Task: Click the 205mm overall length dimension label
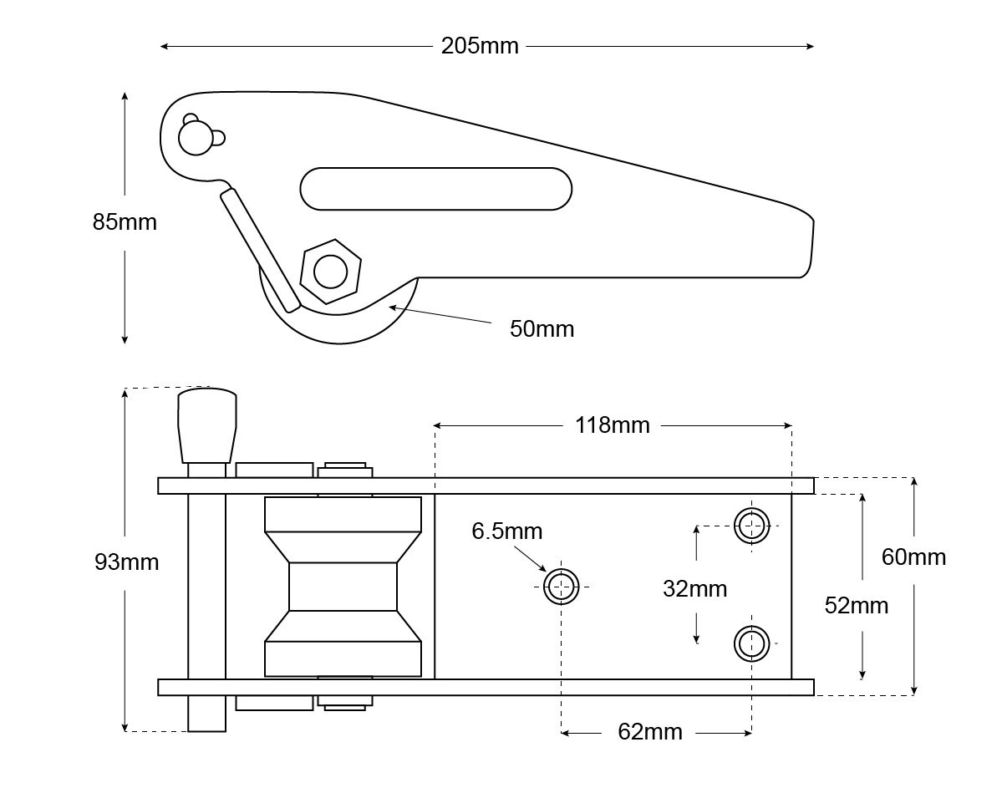[x=480, y=46]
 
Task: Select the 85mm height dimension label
[x=125, y=222]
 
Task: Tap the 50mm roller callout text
[x=542, y=328]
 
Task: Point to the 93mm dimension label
[x=126, y=562]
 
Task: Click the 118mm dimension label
[x=612, y=425]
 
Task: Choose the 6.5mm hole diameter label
[x=506, y=531]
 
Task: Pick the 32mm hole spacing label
[x=694, y=588]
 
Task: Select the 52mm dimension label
[x=856, y=605]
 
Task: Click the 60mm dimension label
[x=913, y=557]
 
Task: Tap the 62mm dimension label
[x=649, y=733]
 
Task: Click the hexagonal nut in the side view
[x=330, y=271]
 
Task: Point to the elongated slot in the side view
[x=435, y=188]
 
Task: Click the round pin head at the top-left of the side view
[x=195, y=138]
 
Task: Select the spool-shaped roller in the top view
[x=343, y=587]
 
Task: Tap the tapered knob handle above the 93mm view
[x=206, y=424]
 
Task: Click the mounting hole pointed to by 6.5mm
[x=561, y=586]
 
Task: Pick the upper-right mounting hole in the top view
[x=751, y=526]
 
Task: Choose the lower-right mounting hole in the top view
[x=751, y=643]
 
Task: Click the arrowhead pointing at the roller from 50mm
[x=392, y=308]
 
